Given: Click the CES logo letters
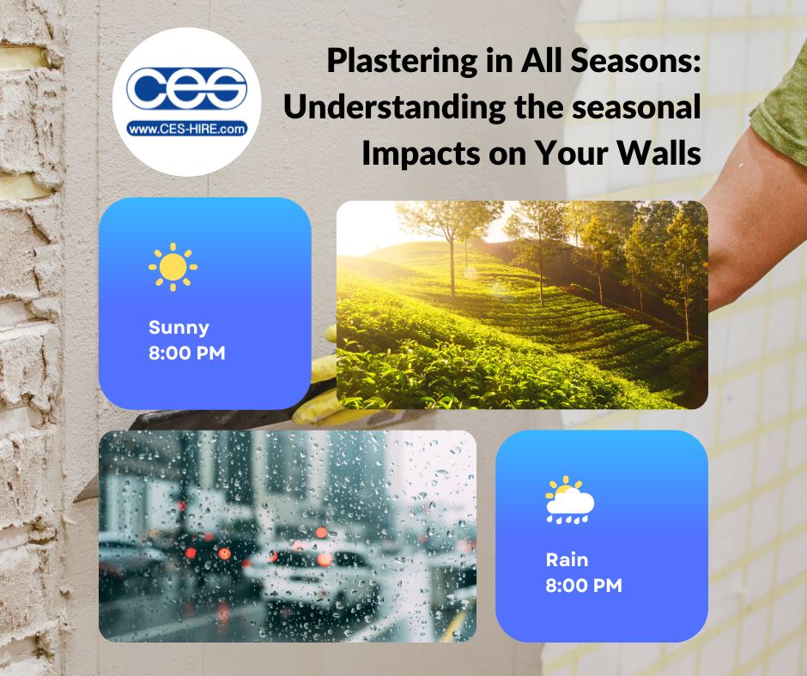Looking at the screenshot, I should tap(186, 89).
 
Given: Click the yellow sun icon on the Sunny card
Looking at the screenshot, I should tap(173, 267).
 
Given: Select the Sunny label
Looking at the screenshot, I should tap(179, 328).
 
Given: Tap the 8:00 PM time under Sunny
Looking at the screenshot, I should tap(187, 353).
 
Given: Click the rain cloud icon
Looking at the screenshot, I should tap(569, 500).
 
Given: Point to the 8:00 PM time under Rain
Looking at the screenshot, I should tap(584, 586).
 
